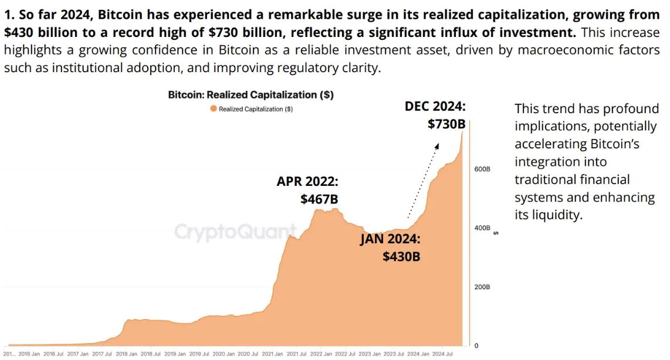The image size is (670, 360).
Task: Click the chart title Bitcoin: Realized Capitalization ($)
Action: coord(251,94)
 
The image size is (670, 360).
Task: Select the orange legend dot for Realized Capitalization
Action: coord(214,109)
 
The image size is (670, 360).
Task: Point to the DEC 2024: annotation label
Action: coord(435,106)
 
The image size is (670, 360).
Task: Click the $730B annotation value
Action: coord(446,124)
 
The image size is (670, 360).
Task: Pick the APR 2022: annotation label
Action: coord(307,181)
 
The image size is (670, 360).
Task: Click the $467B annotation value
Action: coord(319,199)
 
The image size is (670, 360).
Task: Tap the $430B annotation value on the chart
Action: coord(401,256)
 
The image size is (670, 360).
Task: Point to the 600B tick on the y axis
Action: coord(482,169)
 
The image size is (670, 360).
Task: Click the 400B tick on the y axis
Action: coord(482,228)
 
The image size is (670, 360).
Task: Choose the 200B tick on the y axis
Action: coord(482,287)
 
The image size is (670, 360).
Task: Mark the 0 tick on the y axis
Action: coord(476,346)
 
